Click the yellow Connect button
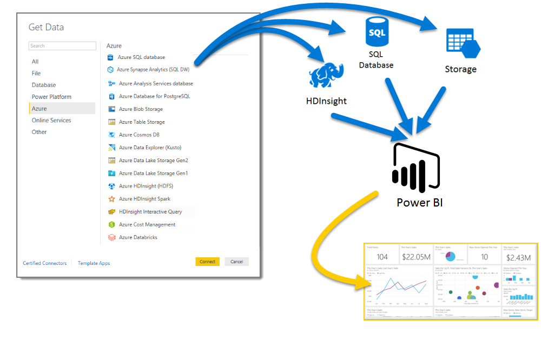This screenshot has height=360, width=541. tap(207, 262)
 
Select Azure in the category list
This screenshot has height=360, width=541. tap(39, 109)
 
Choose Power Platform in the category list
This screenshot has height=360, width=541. tap(51, 97)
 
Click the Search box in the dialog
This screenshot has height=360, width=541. tap(62, 46)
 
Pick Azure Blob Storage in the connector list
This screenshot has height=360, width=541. tap(141, 109)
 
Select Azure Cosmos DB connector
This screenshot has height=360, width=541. tap(139, 135)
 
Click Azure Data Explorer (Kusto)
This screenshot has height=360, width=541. tap(150, 148)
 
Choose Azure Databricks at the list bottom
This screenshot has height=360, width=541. tap(138, 237)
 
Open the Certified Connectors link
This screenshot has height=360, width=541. tap(44, 263)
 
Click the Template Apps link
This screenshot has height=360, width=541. tap(94, 263)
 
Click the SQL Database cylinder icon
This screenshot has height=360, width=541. tap(376, 32)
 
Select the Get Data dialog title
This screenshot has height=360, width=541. tap(46, 27)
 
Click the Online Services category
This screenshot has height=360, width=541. tap(51, 120)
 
